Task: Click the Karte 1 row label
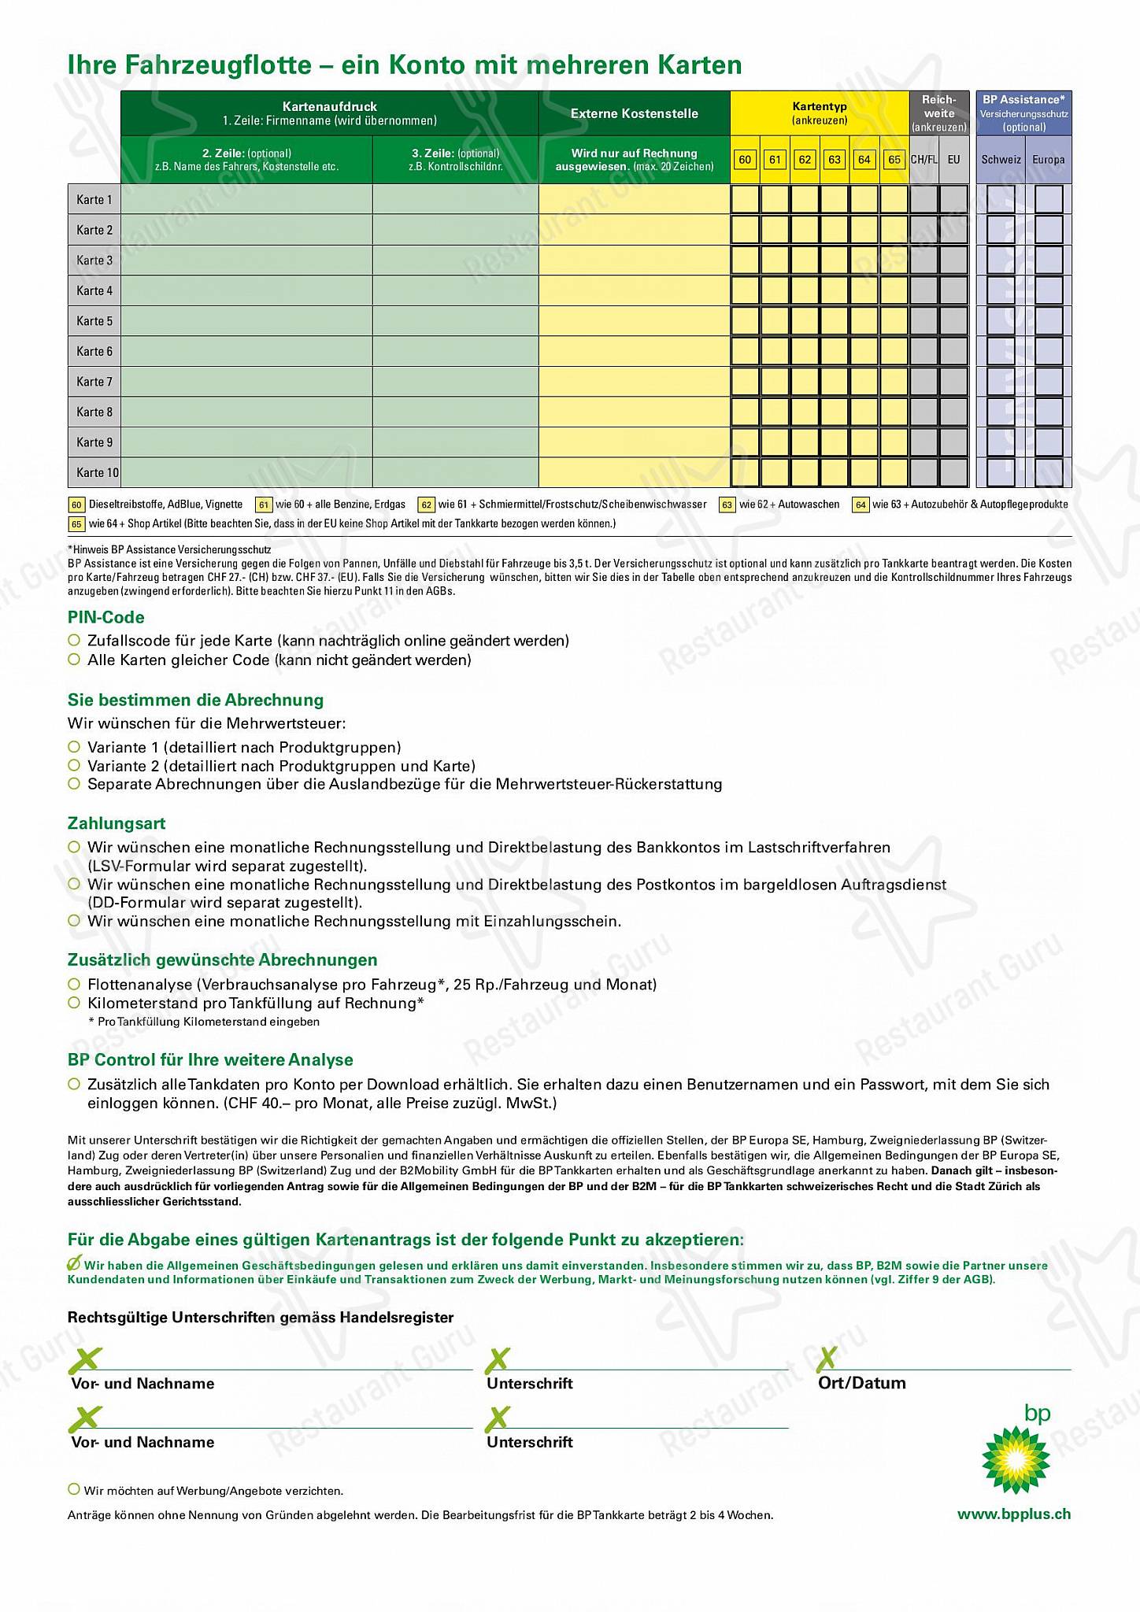pos(94,200)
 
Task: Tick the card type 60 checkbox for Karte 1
pos(745,200)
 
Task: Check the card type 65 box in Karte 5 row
pos(894,321)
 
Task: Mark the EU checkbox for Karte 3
pos(953,261)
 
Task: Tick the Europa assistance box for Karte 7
pos(1049,382)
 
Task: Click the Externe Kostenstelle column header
pos(634,114)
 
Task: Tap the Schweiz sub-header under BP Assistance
pos(1001,160)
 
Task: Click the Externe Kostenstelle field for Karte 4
pos(634,291)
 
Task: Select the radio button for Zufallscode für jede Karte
pos(74,641)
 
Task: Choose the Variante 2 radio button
pos(74,766)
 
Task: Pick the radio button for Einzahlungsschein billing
pos(74,921)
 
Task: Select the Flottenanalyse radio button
pos(74,985)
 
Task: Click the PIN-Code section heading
pos(105,618)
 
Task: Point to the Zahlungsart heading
pos(117,824)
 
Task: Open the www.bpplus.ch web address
pos(1013,1514)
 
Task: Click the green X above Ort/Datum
pos(827,1359)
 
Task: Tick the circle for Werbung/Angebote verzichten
pos(74,1489)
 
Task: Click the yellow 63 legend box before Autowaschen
pos(727,505)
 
